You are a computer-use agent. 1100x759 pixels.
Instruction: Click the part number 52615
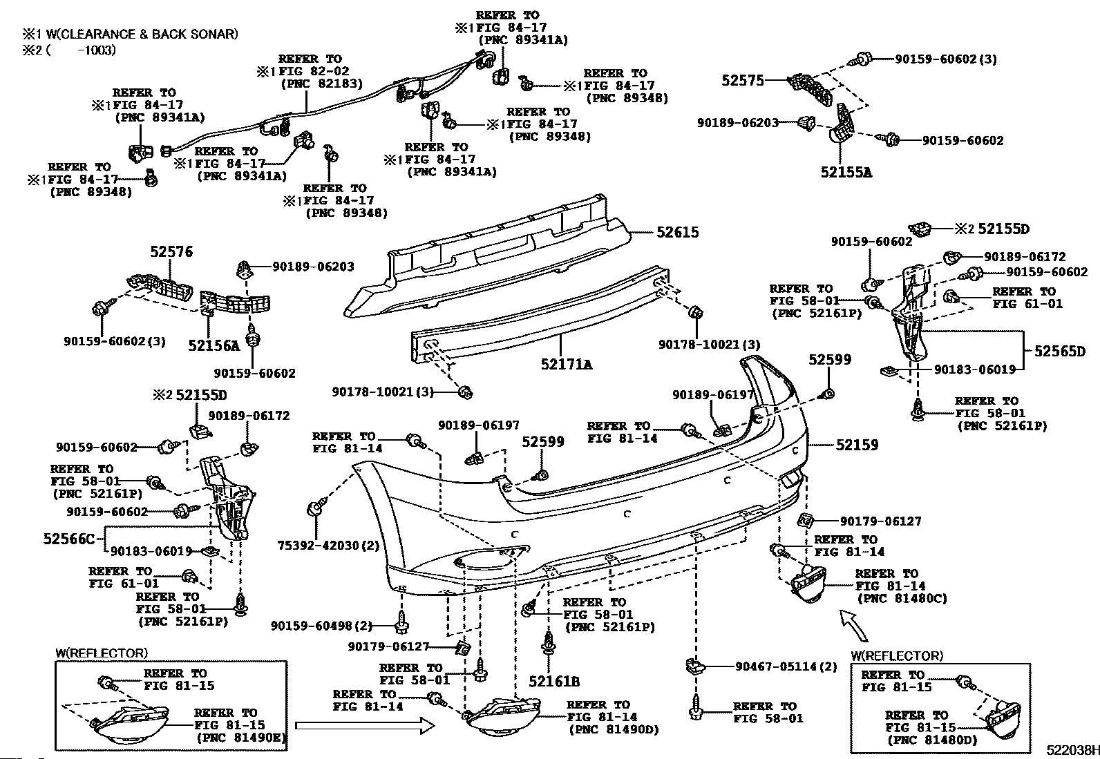(678, 232)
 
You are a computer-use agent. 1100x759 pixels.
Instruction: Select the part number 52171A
(567, 364)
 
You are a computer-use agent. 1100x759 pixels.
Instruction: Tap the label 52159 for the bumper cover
(857, 445)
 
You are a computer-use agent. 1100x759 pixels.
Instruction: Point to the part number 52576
(171, 252)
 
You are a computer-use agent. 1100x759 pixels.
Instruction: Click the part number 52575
(743, 81)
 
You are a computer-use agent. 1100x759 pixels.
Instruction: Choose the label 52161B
(554, 682)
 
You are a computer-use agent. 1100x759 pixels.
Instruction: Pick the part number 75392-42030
(319, 546)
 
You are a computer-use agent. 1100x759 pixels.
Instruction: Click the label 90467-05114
(777, 666)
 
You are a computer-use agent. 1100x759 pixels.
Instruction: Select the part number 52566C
(69, 539)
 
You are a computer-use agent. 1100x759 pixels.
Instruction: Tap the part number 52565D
(1060, 352)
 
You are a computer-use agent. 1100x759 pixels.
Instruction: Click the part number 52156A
(214, 345)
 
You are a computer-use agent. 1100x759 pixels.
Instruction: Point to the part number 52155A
(846, 173)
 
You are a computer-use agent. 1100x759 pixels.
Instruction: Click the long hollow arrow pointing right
(365, 725)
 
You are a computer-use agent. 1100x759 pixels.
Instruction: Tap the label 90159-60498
(312, 626)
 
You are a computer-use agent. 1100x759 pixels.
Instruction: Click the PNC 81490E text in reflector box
(242, 738)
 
